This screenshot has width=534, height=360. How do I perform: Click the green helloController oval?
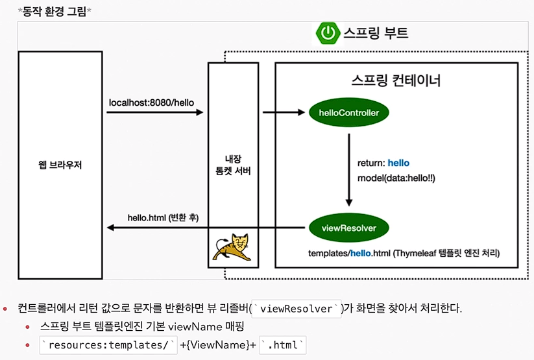pyautogui.click(x=349, y=112)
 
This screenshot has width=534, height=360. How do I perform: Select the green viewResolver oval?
pyautogui.click(x=349, y=228)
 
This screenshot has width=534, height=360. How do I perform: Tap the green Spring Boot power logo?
pyautogui.click(x=328, y=33)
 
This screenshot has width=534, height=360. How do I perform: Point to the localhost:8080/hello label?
pyautogui.click(x=151, y=102)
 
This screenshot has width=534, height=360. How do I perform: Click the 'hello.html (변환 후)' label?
pyautogui.click(x=163, y=218)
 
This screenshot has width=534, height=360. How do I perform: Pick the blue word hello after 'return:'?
pyautogui.click(x=398, y=162)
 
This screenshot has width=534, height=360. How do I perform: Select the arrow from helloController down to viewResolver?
pyautogui.click(x=349, y=169)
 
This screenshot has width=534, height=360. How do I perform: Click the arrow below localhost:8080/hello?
pyautogui.click(x=155, y=112)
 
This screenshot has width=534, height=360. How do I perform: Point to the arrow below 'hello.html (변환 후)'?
pyautogui.click(x=155, y=228)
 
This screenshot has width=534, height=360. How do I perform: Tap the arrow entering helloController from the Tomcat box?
pyautogui.click(x=284, y=112)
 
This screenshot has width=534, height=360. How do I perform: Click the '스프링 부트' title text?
pyautogui.click(x=376, y=32)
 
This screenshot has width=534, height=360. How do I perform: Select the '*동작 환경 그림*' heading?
pyautogui.click(x=55, y=11)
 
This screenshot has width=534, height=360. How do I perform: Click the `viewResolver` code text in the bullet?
pyautogui.click(x=299, y=308)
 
